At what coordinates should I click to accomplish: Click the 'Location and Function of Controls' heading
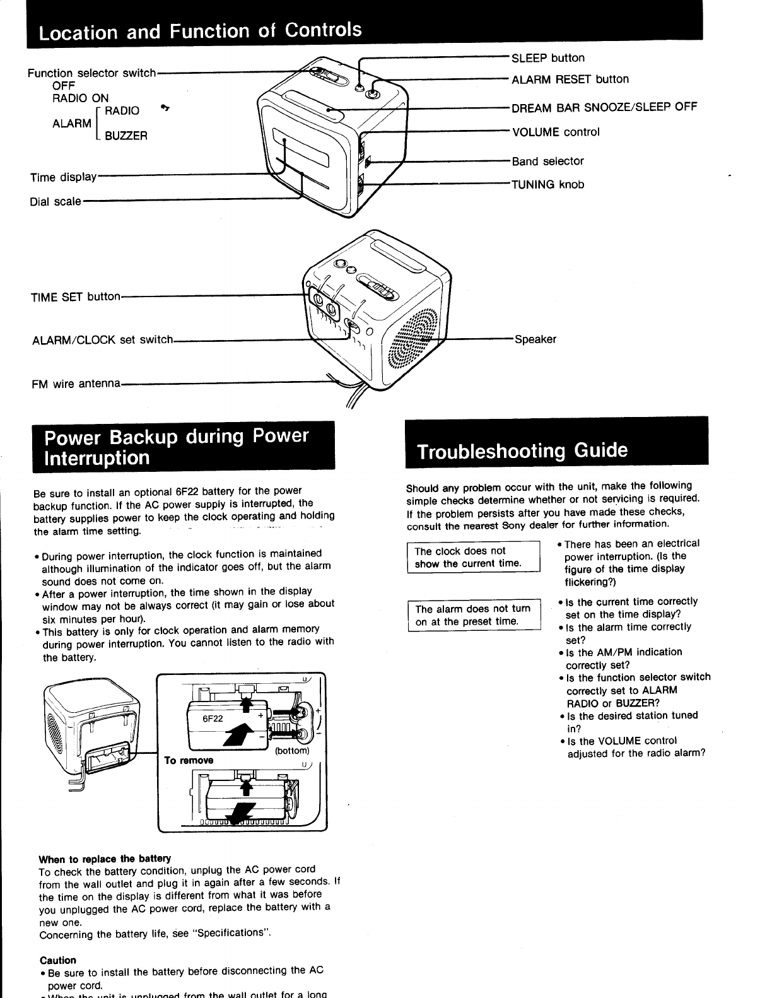pos(201,30)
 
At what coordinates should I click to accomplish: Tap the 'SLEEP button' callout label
pos(547,58)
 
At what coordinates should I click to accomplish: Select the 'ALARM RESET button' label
pos(570,79)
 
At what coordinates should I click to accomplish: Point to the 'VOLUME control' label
pos(555,132)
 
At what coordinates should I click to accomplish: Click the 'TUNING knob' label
pos(547,185)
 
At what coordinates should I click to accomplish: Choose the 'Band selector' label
pos(547,161)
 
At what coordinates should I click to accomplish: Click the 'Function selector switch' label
pos(91,73)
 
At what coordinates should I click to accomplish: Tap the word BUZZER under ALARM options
pos(126,136)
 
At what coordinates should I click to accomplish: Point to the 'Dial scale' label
pos(56,202)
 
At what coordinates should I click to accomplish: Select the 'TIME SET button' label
pos(75,296)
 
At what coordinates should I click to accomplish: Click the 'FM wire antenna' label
pos(76,384)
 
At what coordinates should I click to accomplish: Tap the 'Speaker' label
pos(535,339)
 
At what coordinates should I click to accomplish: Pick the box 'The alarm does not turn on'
pos(474,615)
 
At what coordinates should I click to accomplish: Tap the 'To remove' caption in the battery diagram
pos(189,760)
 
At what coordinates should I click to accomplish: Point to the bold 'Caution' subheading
pos(57,960)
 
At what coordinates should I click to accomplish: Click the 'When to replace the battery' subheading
pos(105,859)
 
